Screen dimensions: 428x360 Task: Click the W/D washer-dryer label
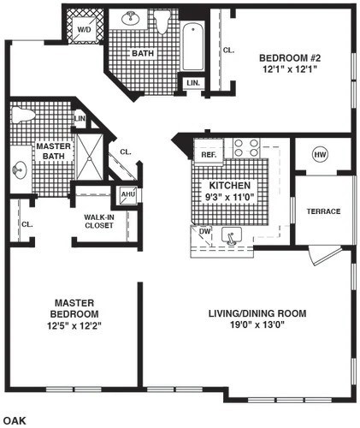85,28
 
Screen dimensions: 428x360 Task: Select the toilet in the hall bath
162,23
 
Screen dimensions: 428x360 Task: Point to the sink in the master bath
19,169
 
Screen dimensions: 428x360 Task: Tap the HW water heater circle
320,155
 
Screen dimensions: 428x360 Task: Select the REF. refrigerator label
208,155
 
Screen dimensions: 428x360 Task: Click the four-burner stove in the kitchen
246,148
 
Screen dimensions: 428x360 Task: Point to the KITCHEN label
225,185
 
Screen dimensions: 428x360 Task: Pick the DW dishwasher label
204,231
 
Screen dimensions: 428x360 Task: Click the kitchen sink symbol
230,235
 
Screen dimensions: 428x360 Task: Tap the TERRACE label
324,211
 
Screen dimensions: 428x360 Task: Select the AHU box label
128,194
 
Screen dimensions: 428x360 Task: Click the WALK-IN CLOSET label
100,222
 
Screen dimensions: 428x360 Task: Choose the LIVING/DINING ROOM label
257,313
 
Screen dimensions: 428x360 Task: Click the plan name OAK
15,420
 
